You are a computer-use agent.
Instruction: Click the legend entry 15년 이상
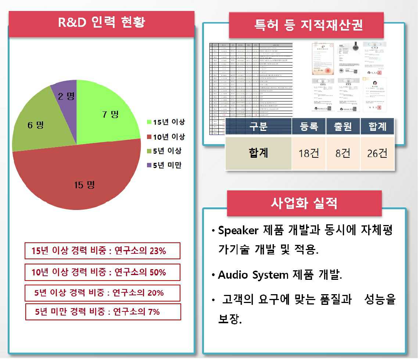tap(166, 122)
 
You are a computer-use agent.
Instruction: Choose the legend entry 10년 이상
tap(166, 137)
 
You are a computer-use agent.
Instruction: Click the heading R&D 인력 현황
tap(101, 22)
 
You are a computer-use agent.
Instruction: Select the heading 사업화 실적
tap(304, 203)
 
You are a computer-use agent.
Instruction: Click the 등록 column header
tap(309, 127)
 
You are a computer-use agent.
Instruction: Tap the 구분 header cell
tap(258, 127)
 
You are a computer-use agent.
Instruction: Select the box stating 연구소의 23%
tap(103, 251)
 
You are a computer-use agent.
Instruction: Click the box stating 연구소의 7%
tap(103, 312)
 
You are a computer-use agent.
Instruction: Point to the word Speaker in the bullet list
tap(238, 231)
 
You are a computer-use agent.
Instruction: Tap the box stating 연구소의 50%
tap(103, 272)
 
